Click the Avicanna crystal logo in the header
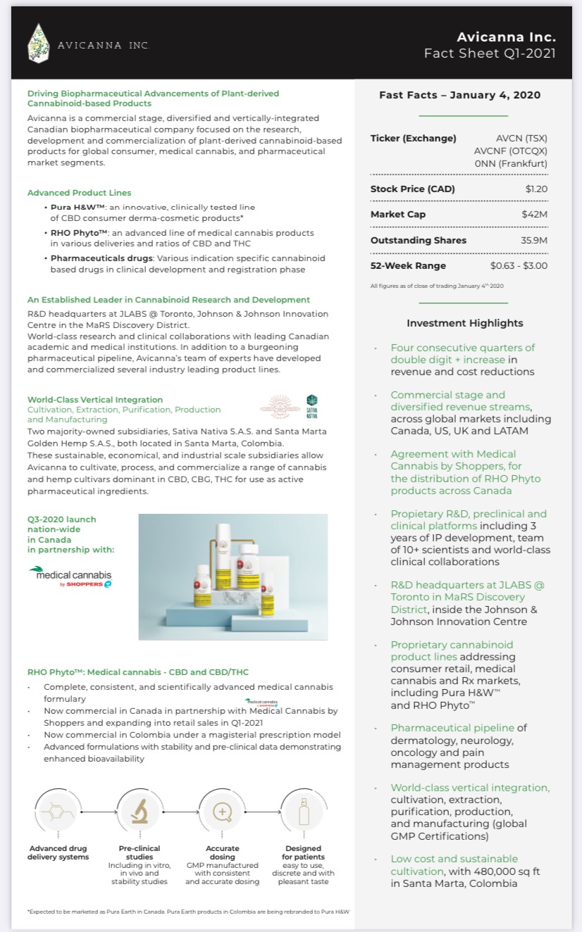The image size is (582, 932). click(39, 43)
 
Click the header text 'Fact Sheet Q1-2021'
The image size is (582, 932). click(489, 53)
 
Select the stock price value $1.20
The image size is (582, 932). click(536, 189)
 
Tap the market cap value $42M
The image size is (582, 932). click(534, 214)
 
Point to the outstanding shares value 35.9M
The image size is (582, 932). click(533, 240)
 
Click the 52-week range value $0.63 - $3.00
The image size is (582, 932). click(519, 265)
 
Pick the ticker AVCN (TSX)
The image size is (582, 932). click(521, 138)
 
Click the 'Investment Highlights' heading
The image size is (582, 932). click(465, 323)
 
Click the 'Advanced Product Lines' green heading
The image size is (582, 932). click(79, 192)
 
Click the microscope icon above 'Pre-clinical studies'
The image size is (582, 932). click(140, 812)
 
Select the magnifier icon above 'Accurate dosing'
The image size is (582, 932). click(222, 812)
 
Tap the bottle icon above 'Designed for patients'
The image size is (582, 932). click(304, 812)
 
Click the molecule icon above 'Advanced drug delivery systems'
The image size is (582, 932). click(57, 812)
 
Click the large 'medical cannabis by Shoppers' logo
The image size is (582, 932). click(70, 576)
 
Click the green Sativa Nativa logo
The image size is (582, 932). click(311, 404)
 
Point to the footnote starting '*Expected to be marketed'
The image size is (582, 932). click(188, 912)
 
